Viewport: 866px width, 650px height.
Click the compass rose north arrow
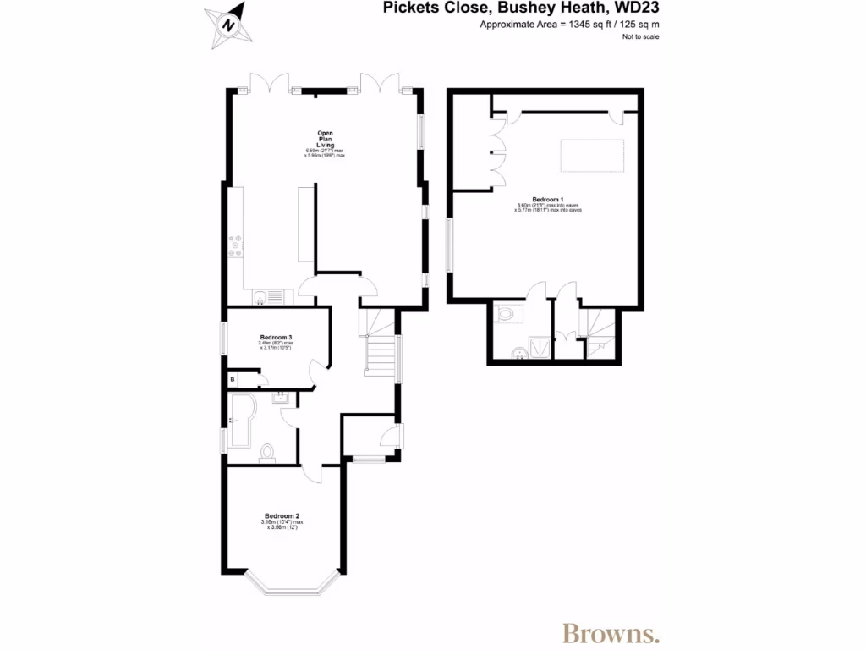tap(227, 23)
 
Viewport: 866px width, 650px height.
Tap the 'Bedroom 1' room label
tap(547, 198)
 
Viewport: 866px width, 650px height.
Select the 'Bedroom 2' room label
tap(282, 515)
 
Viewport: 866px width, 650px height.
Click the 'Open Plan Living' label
tap(325, 139)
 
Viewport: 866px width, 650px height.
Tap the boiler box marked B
tap(233, 380)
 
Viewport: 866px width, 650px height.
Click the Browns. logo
tap(611, 631)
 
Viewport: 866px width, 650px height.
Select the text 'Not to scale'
tap(640, 36)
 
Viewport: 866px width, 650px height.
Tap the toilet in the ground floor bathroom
tap(268, 453)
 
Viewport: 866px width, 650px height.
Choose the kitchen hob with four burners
tap(236, 245)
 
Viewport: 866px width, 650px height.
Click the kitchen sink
tap(266, 296)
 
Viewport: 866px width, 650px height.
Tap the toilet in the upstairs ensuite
tap(507, 314)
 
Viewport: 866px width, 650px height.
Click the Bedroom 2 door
tap(315, 472)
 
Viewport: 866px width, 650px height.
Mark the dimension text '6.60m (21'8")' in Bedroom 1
tap(531, 205)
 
